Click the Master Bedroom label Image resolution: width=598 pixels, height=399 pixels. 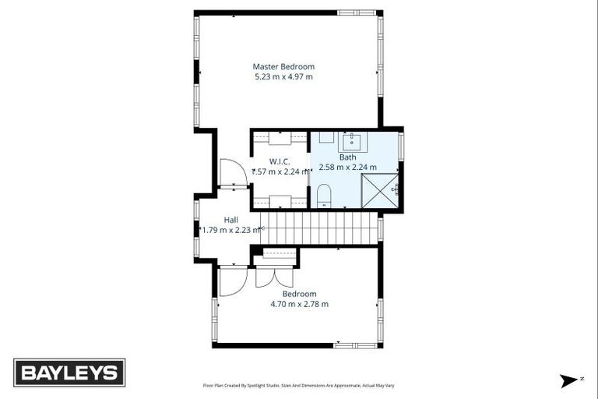pos(283,67)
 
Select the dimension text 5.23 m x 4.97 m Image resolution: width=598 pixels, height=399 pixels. pos(283,77)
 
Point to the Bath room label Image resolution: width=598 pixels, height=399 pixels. pos(347,157)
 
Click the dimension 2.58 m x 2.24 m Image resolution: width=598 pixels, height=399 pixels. pos(347,167)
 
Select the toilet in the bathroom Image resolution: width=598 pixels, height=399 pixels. pos(325,196)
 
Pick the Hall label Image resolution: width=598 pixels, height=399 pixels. pos(230,220)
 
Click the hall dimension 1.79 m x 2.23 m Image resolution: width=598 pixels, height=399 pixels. pos(230,230)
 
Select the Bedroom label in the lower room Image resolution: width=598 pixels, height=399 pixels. pos(299,294)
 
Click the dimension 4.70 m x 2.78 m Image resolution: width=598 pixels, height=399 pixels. pos(299,304)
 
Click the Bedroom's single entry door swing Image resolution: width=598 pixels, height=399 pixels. pos(232,281)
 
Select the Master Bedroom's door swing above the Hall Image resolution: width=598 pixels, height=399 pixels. pos(233,172)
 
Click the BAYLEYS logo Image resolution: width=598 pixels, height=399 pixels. pos(69,373)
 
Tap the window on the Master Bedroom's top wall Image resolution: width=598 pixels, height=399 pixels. pos(356,13)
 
